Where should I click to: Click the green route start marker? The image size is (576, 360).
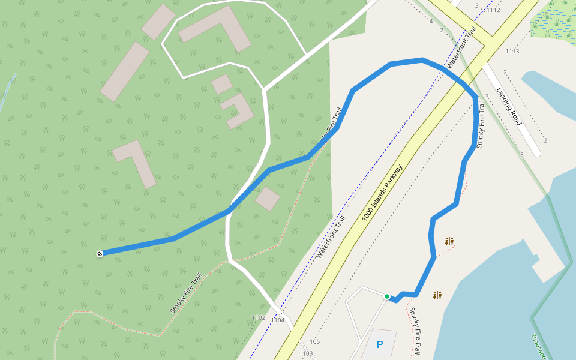pyautogui.click(x=387, y=296)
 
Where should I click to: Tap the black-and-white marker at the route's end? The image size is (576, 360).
pyautogui.click(x=100, y=254)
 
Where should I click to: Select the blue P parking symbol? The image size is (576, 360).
pyautogui.click(x=379, y=344)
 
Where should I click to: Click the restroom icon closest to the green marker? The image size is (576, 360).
pyautogui.click(x=437, y=295)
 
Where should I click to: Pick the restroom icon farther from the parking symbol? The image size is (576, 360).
pyautogui.click(x=449, y=241)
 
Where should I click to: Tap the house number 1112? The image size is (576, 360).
pyautogui.click(x=494, y=10)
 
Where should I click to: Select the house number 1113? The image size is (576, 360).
pyautogui.click(x=512, y=51)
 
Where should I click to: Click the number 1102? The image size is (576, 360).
pyautogui.click(x=259, y=317)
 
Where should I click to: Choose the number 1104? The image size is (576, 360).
pyautogui.click(x=278, y=320)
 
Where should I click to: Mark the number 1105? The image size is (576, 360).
pyautogui.click(x=313, y=342)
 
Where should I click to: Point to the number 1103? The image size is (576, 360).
pyautogui.click(x=306, y=353)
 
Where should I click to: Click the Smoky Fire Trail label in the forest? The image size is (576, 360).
pyautogui.click(x=185, y=295)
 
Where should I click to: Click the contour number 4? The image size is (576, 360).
pyautogui.click(x=431, y=22)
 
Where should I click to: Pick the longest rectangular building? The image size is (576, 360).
pyautogui.click(x=125, y=71)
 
